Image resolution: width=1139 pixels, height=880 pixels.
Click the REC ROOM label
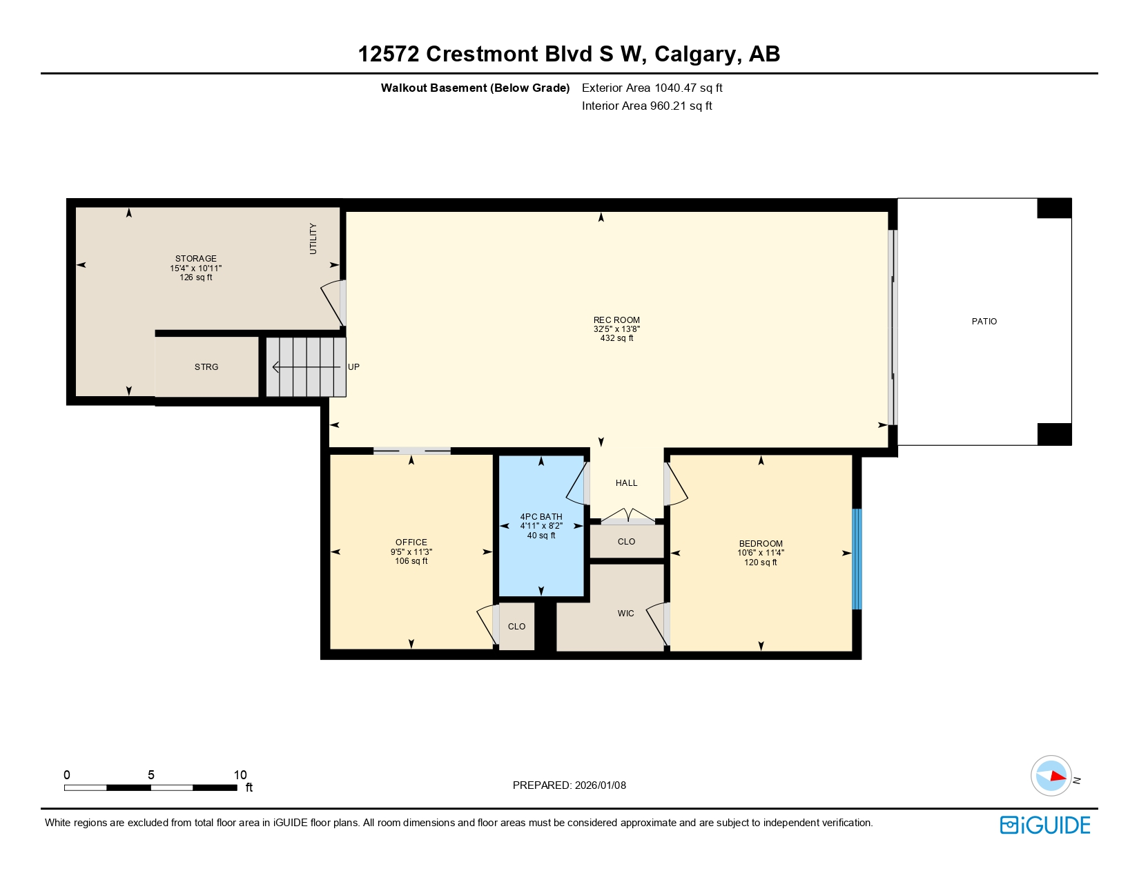pyautogui.click(x=616, y=320)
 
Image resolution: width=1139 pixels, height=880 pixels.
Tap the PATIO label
pyautogui.click(x=984, y=322)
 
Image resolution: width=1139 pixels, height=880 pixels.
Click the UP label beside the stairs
pyautogui.click(x=353, y=367)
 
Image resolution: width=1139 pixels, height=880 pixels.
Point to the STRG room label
pyautogui.click(x=206, y=367)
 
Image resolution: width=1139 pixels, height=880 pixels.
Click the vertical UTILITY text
pyautogui.click(x=313, y=239)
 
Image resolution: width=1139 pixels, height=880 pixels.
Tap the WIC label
pyautogui.click(x=625, y=614)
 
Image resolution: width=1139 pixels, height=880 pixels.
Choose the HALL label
pyautogui.click(x=626, y=483)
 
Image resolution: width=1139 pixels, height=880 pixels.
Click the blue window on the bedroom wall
pyautogui.click(x=857, y=559)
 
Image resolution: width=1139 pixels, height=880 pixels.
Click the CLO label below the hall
pyautogui.click(x=626, y=542)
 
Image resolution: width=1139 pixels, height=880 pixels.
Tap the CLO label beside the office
pyautogui.click(x=516, y=627)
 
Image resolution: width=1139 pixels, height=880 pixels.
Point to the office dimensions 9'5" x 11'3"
pyautogui.click(x=411, y=552)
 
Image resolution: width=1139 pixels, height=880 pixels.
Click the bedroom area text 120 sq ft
pyautogui.click(x=761, y=563)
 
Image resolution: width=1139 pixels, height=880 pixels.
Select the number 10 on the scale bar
pyautogui.click(x=240, y=775)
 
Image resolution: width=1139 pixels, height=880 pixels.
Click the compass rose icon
pyautogui.click(x=1051, y=776)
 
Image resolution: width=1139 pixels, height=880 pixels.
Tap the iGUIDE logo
pyautogui.click(x=1045, y=825)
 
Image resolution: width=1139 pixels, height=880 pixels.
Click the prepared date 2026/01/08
pyautogui.click(x=600, y=785)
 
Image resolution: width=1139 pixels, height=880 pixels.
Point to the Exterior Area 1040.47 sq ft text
pyautogui.click(x=652, y=88)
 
